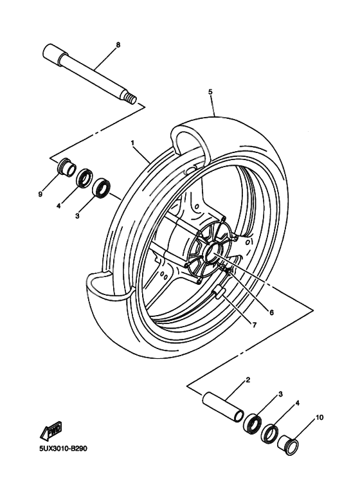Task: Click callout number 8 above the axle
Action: [118, 45]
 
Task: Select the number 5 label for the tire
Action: [210, 92]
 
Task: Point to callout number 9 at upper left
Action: [40, 194]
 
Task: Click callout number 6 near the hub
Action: [271, 312]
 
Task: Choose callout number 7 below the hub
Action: [254, 325]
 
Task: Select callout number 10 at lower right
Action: [319, 419]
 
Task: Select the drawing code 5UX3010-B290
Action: [57, 449]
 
